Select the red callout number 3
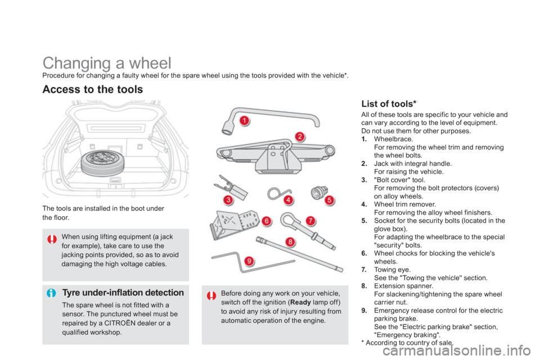coord(228,200)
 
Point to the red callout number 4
coord(288,200)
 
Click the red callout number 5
coord(329,200)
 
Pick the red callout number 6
coord(266,221)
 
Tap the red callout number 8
coord(290,242)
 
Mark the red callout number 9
coord(248,261)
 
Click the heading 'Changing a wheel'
coord(107,62)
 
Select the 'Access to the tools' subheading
coord(92,89)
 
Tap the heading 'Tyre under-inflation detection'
coord(123,293)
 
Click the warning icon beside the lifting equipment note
coord(52,240)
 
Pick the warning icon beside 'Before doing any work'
coord(211,295)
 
